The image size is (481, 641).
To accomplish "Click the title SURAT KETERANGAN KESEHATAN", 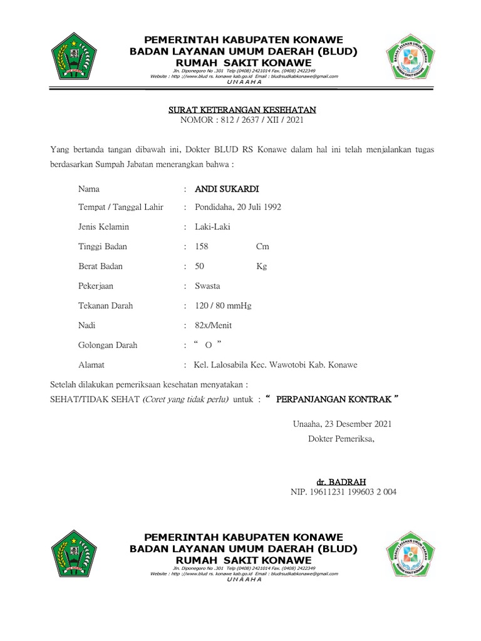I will coord(242,110).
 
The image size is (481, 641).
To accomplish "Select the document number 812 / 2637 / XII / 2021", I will coord(257,120).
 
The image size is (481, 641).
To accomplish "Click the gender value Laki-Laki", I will coord(212,227).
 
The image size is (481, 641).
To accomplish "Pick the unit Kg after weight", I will coord(261,266).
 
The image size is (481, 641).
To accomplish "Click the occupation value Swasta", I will coord(207,286).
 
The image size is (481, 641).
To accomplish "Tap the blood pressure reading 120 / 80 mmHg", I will coord(223,305).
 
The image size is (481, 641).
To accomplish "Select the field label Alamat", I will coord(91,365).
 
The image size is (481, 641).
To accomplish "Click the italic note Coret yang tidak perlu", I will coord(185,399).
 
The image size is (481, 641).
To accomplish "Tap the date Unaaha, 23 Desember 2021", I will coord(342,424).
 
